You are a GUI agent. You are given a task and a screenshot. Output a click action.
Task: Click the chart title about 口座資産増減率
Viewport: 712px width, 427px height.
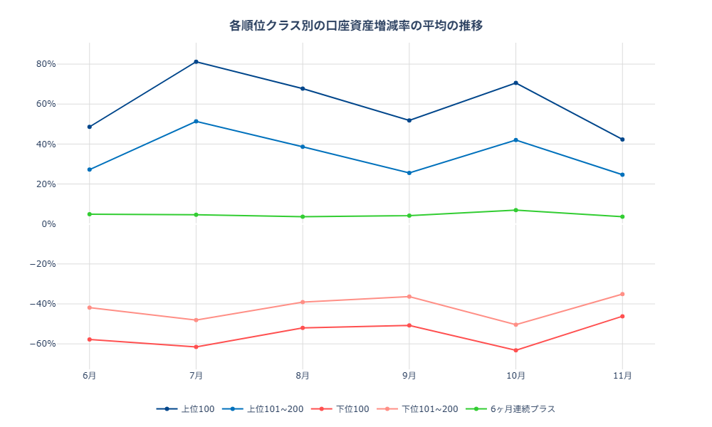[x=356, y=26]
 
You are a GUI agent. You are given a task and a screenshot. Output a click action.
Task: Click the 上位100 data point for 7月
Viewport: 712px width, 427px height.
[x=196, y=62]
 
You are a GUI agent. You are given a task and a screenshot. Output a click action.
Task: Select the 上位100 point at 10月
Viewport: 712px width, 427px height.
[x=515, y=83]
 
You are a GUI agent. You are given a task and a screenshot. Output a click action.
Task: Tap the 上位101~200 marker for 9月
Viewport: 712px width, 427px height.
[x=409, y=173]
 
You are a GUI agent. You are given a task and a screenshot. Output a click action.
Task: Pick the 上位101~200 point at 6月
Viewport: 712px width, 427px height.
[x=90, y=169]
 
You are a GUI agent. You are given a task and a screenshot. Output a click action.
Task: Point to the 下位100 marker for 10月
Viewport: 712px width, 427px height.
[x=515, y=350]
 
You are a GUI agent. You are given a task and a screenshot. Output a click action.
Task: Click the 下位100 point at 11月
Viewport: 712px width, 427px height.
[x=622, y=316]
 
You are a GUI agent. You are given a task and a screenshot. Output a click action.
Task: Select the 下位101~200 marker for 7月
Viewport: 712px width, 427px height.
[x=196, y=320]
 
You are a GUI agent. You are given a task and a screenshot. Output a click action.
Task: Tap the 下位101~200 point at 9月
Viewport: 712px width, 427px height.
[x=409, y=297]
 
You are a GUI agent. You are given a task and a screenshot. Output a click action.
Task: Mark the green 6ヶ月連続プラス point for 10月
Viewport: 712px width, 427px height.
[x=515, y=210]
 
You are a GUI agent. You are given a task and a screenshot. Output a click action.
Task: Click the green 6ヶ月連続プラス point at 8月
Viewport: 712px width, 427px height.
[x=303, y=216]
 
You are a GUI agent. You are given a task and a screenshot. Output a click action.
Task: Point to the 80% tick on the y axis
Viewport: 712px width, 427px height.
[x=46, y=64]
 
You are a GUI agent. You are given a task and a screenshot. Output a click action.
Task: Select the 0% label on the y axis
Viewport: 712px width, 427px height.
[x=48, y=224]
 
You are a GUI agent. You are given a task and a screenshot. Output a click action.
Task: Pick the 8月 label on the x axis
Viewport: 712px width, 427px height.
[x=303, y=375]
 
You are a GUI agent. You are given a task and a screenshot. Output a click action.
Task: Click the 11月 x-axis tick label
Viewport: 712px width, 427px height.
[x=622, y=375]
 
